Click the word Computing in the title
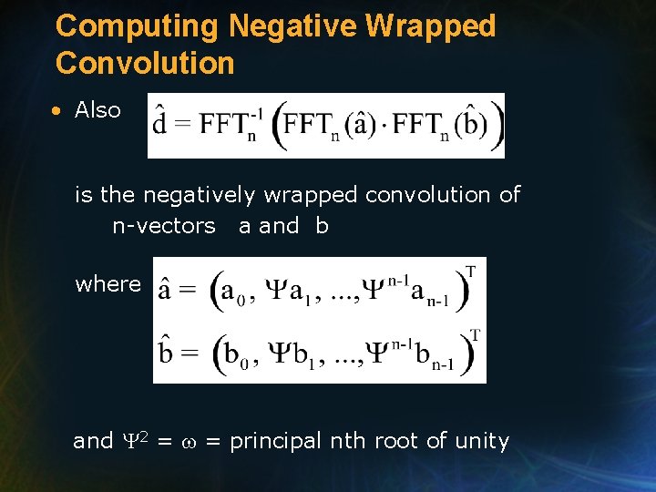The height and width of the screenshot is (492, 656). coord(137,26)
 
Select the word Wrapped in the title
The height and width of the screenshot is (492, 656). coord(430,26)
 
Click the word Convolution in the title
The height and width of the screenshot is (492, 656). coord(145,63)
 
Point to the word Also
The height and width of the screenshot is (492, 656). coord(97,110)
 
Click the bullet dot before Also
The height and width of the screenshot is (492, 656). coord(56,111)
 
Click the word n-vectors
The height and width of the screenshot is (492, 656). coord(164,226)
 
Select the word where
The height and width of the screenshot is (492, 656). coord(108,283)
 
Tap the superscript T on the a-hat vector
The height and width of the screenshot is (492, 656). coord(470,271)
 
